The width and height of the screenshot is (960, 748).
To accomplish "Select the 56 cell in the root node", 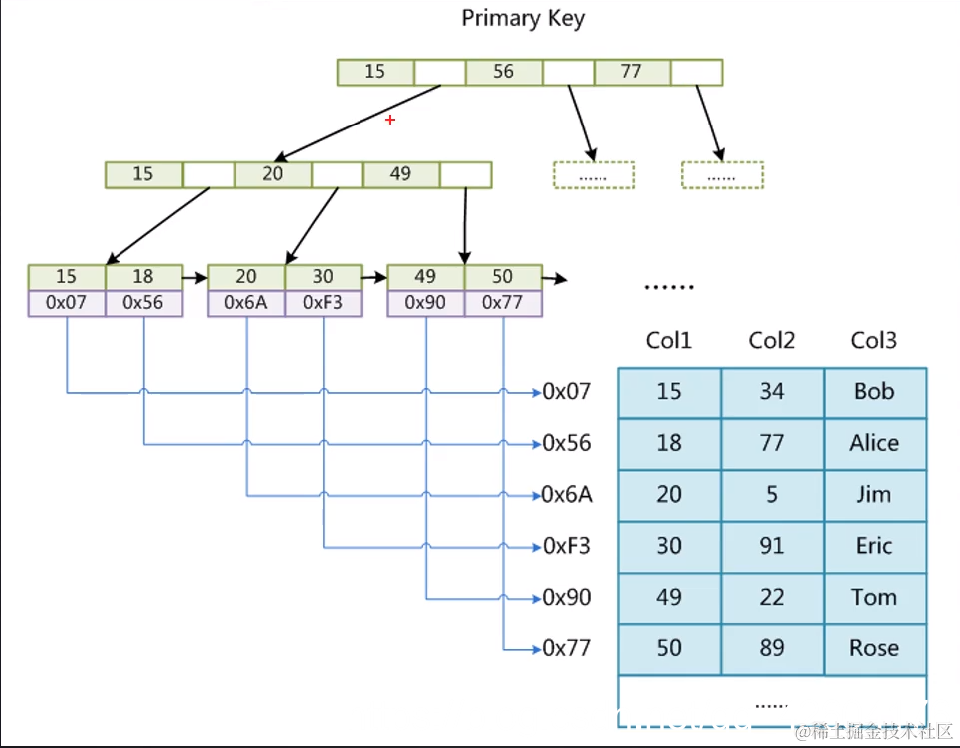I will click(x=503, y=72).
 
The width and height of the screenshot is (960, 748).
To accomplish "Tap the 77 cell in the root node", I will click(x=631, y=72).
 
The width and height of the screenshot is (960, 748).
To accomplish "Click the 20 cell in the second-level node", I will click(x=272, y=174).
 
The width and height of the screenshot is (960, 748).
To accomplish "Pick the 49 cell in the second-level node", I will click(x=400, y=174).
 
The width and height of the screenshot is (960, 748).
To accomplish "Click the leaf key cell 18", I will click(x=144, y=277).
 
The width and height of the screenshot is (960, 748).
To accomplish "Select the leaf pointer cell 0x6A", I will click(x=246, y=303).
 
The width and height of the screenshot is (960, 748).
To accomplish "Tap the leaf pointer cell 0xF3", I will click(x=324, y=303).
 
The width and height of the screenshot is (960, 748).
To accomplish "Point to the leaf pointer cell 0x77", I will click(x=503, y=303).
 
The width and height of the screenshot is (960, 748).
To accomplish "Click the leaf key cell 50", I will click(x=503, y=277).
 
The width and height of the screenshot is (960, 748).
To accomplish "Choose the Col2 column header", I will click(x=772, y=341).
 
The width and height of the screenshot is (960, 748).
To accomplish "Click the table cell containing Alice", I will click(x=874, y=443).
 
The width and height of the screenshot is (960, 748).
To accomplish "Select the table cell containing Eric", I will click(x=874, y=546).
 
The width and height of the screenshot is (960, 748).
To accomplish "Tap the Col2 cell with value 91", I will click(x=772, y=546).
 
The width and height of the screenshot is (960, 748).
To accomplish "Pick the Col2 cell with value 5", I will click(x=772, y=495).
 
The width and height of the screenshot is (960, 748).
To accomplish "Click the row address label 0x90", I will click(x=567, y=598).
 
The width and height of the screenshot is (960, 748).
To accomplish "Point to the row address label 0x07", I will click(x=567, y=392).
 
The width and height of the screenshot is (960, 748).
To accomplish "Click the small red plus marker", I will click(x=390, y=120).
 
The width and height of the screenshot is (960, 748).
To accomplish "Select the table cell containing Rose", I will click(x=874, y=648).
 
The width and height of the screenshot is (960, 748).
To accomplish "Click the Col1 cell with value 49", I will click(x=669, y=598).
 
